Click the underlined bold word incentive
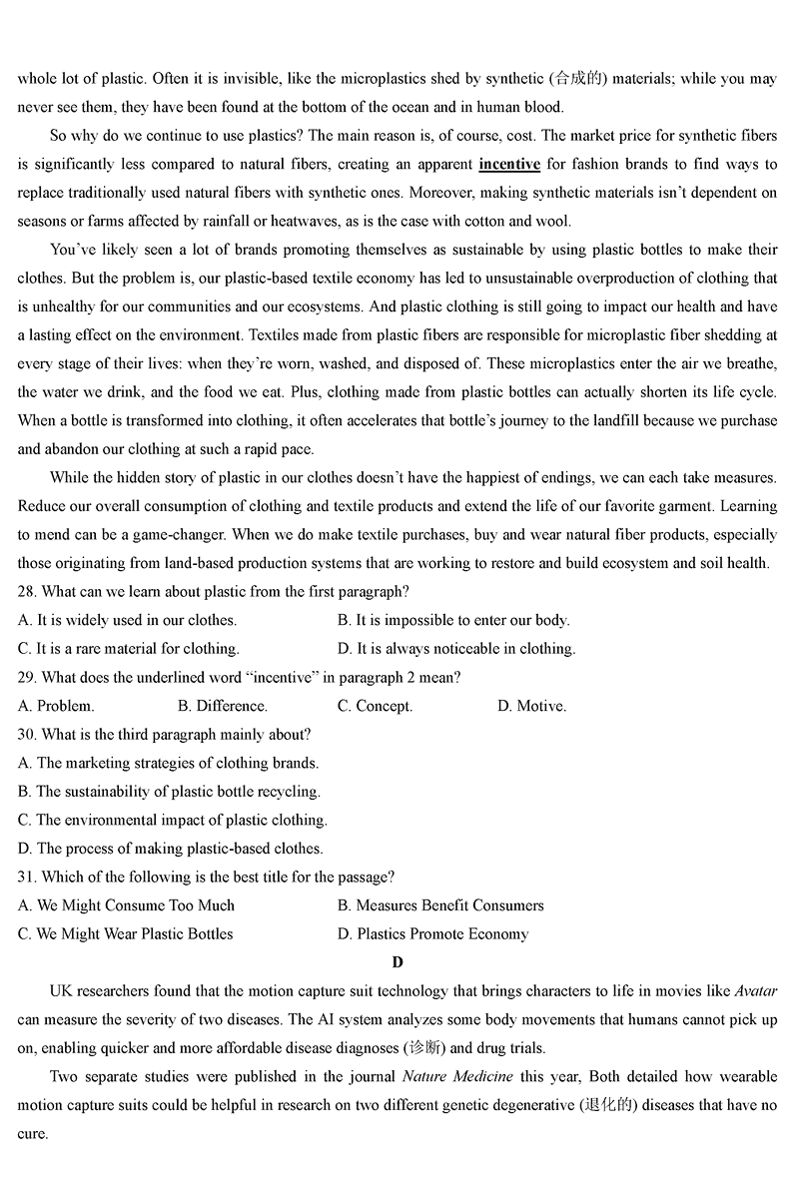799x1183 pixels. (509, 164)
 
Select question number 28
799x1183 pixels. (27, 592)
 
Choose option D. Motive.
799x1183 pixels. (531, 706)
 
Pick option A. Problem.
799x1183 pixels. (56, 706)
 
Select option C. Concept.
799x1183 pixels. (375, 706)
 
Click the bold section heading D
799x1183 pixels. (399, 962)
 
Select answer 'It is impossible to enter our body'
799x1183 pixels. (453, 620)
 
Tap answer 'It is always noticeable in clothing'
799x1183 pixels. (456, 649)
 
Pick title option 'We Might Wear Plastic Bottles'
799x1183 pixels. (125, 934)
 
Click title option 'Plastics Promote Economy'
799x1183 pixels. (432, 934)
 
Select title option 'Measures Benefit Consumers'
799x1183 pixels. (440, 905)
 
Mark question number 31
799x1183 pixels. (27, 878)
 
